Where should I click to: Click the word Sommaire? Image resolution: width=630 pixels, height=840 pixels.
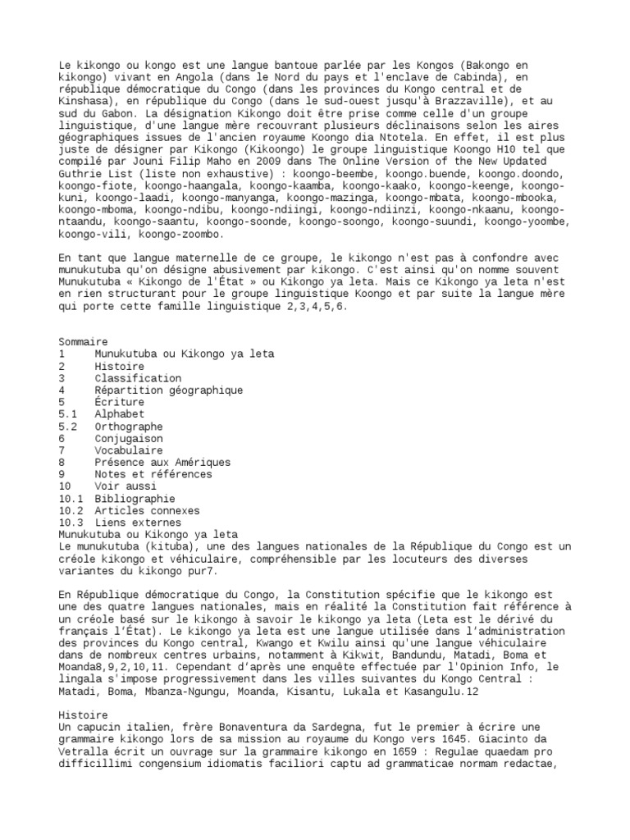pyautogui.click(x=83, y=341)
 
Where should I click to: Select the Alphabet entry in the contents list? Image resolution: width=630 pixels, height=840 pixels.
pyautogui.click(x=119, y=414)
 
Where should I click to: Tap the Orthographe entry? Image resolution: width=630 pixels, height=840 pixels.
pyautogui.click(x=128, y=427)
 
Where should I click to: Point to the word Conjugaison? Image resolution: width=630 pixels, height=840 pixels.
pyautogui.click(x=128, y=438)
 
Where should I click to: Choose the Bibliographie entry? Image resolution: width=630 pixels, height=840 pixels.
pyautogui.click(x=135, y=498)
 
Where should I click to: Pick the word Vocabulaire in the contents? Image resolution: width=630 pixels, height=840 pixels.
pyautogui.click(x=128, y=450)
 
